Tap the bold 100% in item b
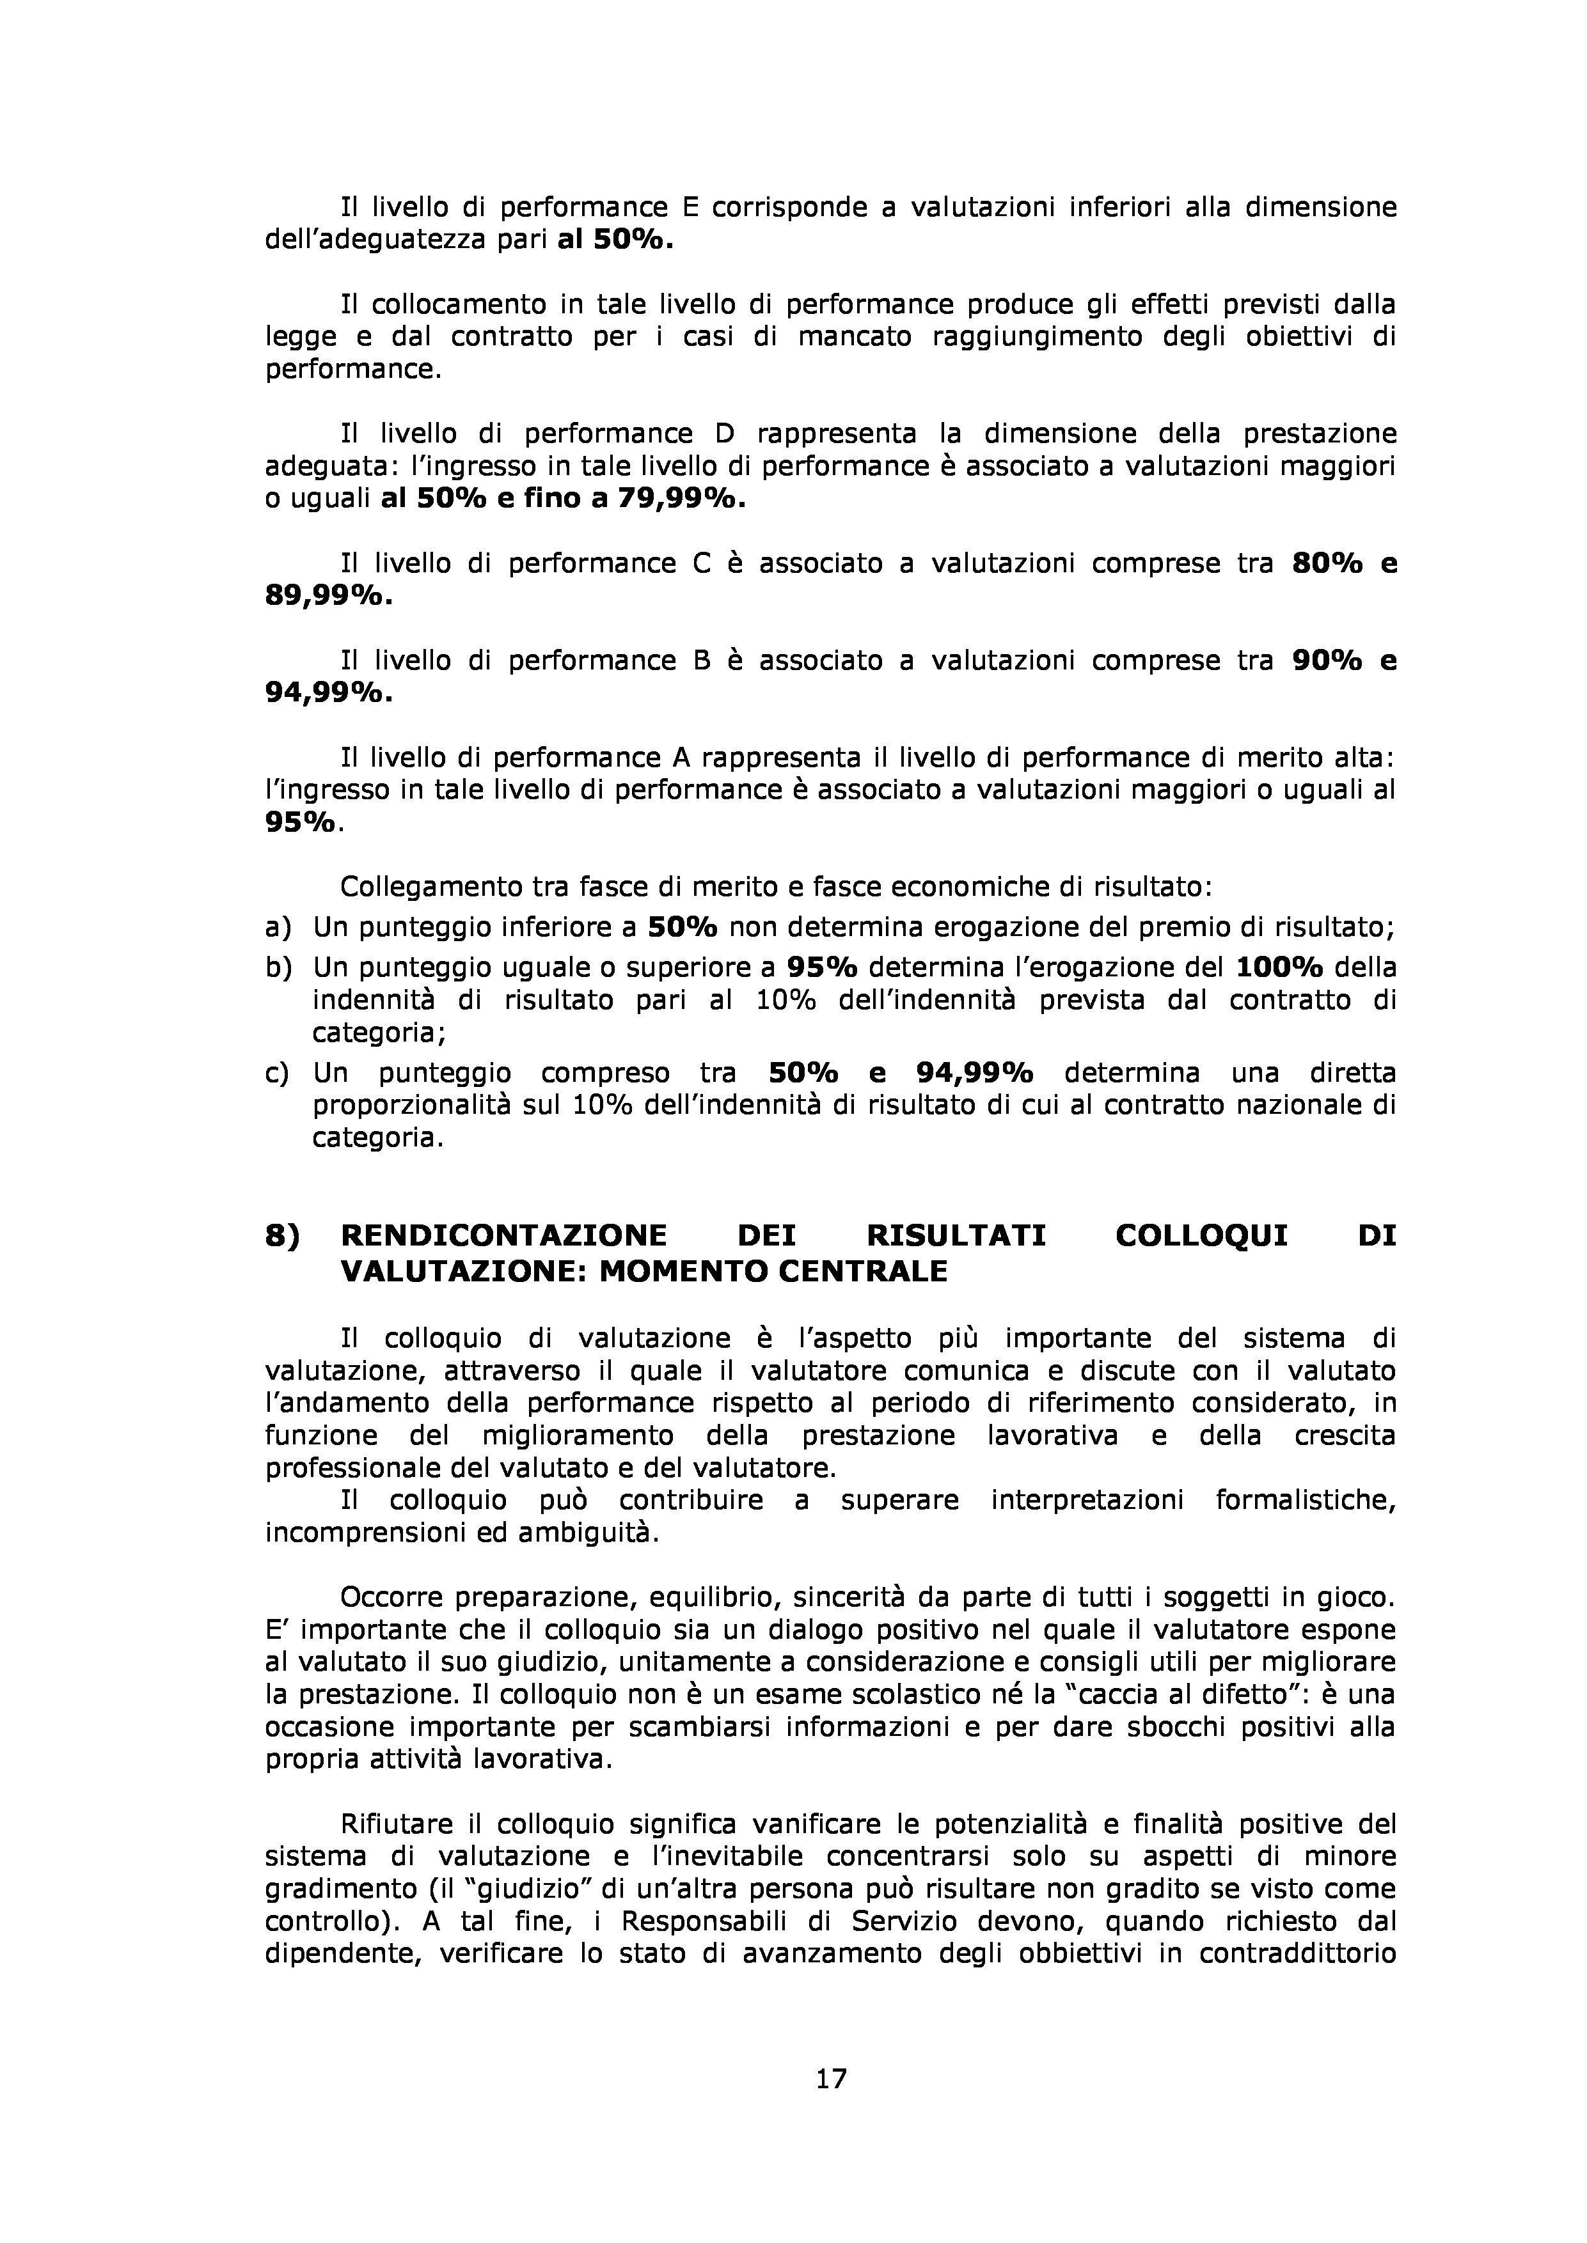[x=1279, y=967]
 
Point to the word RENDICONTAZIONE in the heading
[x=503, y=1236]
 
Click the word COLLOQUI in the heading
[x=1201, y=1236]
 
